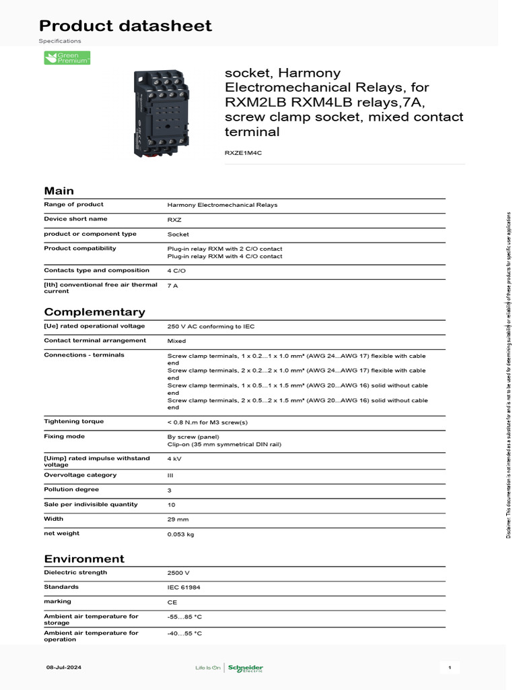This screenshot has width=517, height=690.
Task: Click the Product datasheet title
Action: point(125,26)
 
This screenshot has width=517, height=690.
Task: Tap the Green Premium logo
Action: point(67,59)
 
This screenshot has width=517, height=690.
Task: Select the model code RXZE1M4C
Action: point(243,153)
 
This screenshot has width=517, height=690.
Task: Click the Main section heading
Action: point(59,191)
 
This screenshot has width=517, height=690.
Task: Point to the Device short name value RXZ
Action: point(174,220)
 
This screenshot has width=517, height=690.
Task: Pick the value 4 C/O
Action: point(177,271)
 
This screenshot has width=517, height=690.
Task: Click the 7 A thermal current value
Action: point(172,286)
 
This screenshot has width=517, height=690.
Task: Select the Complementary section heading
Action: point(94,312)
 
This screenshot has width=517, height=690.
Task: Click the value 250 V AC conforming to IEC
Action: point(211,327)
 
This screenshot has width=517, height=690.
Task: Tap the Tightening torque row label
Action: point(74,422)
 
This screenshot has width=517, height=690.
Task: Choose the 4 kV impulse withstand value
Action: point(174,459)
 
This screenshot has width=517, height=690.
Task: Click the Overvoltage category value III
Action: point(170,475)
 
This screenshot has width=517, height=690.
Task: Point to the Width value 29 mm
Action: point(178,520)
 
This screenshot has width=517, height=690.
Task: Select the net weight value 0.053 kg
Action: point(180,534)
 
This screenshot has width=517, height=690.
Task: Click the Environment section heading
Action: point(84,559)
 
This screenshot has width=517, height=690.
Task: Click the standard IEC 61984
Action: point(184,588)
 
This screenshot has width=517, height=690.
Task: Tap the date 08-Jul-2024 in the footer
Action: point(63,668)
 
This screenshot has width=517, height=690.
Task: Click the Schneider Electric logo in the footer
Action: point(245,668)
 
